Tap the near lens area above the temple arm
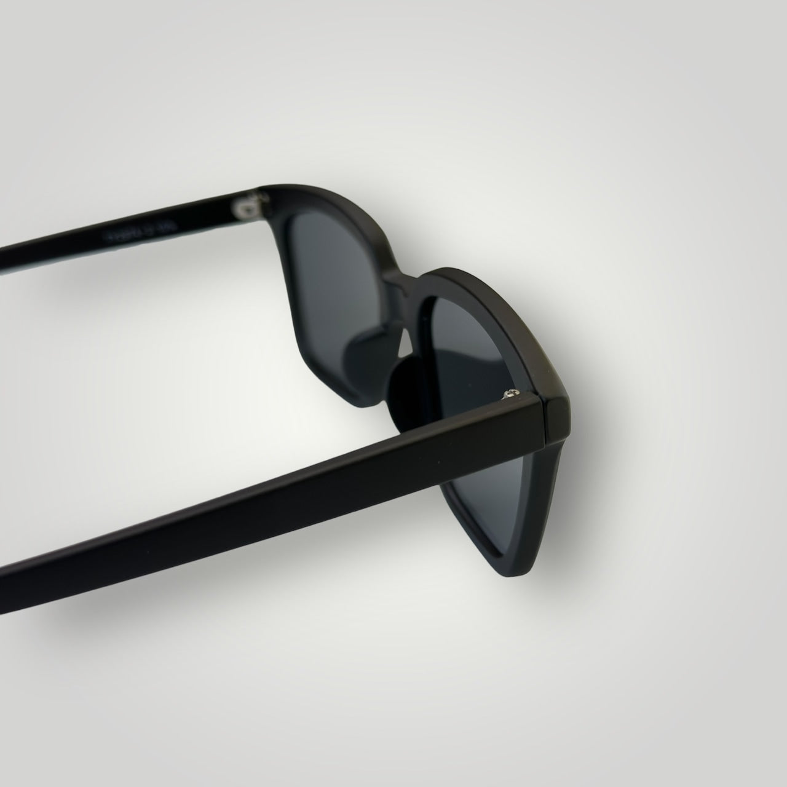(x=467, y=344)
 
